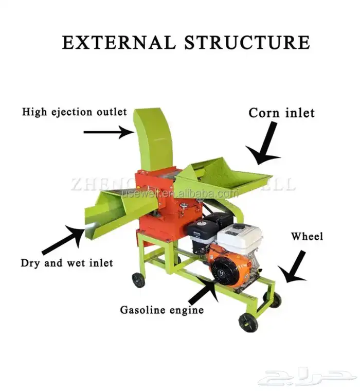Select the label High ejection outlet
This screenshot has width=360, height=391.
[x=74, y=112]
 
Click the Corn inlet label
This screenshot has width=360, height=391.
[x=281, y=113]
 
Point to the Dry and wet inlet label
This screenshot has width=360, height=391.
[x=67, y=263]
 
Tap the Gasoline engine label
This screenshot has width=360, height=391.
[x=162, y=310]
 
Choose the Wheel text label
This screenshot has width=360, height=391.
[x=307, y=237]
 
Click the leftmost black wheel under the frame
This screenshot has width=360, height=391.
[x=138, y=279]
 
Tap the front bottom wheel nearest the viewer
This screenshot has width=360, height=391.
[x=248, y=322]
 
